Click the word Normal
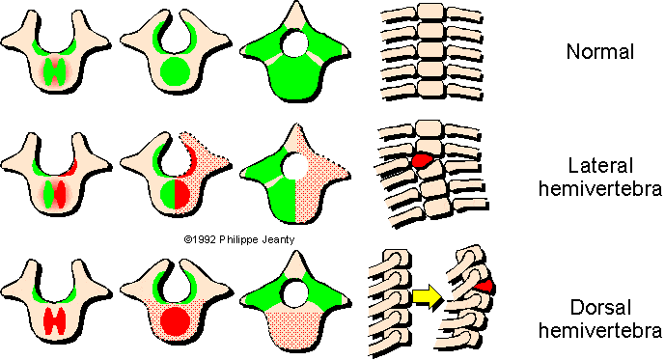point(599,52)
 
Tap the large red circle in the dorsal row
point(175,320)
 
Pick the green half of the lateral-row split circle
point(165,190)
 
